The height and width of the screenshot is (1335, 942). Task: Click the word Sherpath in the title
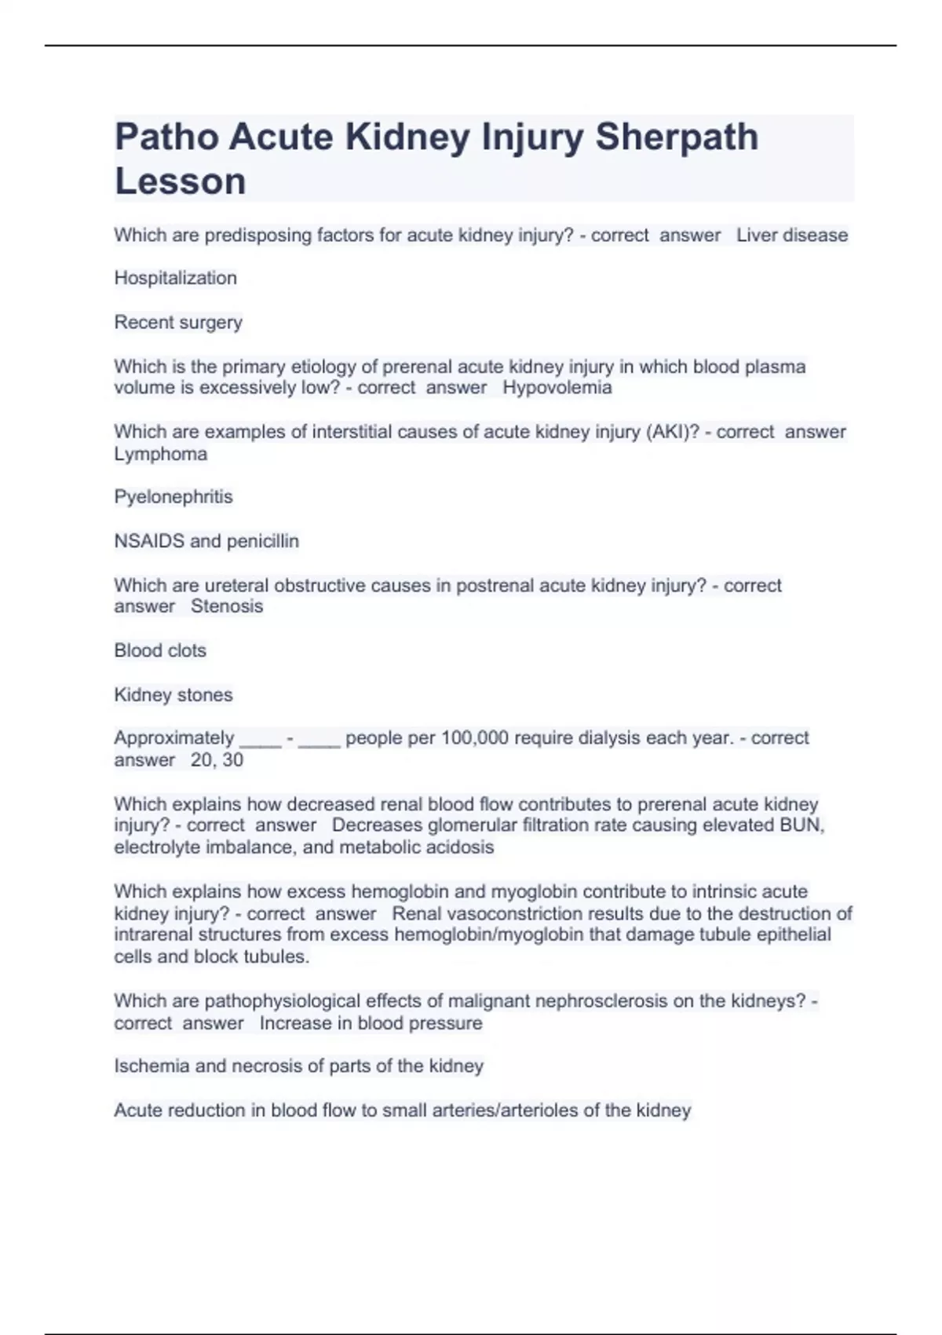(x=677, y=137)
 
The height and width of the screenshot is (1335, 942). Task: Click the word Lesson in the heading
(x=181, y=181)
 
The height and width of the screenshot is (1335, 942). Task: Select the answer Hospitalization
(x=175, y=278)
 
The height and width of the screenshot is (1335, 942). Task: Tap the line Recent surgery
(x=178, y=322)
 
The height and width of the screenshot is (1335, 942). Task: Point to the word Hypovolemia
(x=557, y=387)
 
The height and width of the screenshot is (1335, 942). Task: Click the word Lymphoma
(x=161, y=454)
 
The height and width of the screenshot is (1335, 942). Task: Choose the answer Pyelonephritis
(x=173, y=497)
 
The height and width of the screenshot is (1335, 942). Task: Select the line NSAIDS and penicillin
(x=206, y=541)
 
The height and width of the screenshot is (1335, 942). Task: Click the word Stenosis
(x=227, y=606)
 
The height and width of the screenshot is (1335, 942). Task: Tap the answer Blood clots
(x=160, y=650)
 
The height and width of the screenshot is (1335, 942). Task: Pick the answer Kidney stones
(x=173, y=695)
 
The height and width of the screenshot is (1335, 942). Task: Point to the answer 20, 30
(x=217, y=760)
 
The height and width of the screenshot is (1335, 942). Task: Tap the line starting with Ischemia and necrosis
(x=298, y=1066)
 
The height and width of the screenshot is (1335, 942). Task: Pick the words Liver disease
(x=792, y=235)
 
